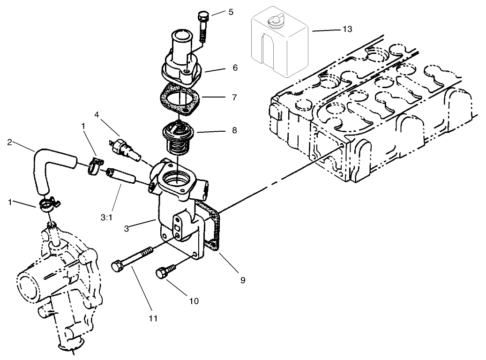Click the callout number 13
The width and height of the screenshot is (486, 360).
click(347, 30)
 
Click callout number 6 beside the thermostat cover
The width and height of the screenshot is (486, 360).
click(234, 68)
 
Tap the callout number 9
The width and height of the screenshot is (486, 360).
click(242, 280)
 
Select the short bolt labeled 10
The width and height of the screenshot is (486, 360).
click(165, 271)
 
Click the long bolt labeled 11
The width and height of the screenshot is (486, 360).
click(132, 259)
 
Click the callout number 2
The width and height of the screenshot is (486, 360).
click(9, 141)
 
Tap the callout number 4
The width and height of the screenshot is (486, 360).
click(97, 114)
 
